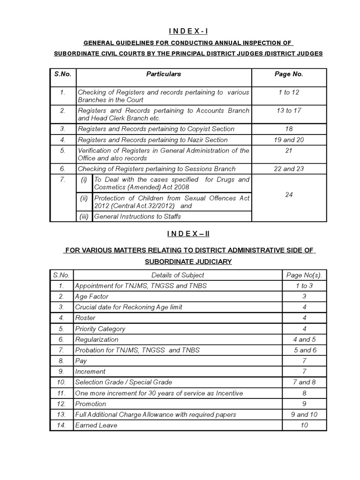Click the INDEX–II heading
180,234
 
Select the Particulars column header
164,74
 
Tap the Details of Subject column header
178,275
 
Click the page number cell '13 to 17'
288,111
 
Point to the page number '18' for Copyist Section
288,129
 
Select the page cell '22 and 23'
288,169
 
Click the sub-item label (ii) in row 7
84,198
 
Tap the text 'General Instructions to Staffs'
137,216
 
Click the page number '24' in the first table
288,195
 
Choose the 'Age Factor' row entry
91,296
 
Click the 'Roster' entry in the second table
85,318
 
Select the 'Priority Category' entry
100,329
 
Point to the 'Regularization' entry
97,339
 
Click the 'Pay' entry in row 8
81,361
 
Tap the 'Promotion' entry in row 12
90,404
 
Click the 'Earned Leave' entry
96,425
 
